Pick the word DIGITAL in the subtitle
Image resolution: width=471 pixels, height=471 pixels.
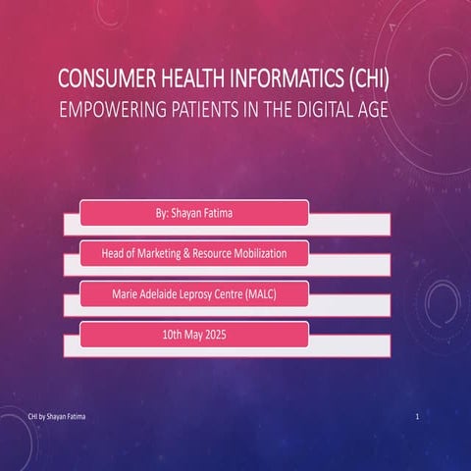(324, 111)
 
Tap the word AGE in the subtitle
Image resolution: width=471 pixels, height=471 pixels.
(372, 111)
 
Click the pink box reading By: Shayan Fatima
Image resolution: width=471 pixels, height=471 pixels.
(194, 212)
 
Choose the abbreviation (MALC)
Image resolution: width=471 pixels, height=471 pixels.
(263, 293)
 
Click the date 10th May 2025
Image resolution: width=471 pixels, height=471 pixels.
(194, 335)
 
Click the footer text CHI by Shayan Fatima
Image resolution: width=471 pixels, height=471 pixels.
(56, 418)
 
